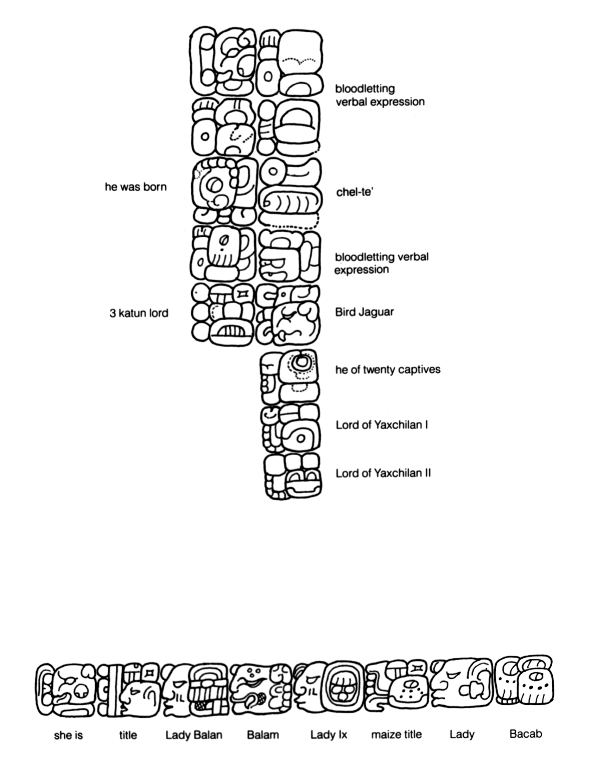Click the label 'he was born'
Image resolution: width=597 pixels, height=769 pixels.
pos(135,187)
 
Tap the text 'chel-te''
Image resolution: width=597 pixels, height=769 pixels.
pos(355,192)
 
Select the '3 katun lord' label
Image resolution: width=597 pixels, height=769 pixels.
pos(139,313)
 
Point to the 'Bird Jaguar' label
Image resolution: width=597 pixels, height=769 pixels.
pos(364,312)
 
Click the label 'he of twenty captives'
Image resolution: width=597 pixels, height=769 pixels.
pos(388,369)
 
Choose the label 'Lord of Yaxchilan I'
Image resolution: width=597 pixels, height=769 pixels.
pos(382,425)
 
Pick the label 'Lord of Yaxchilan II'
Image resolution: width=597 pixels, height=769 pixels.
pos(383,473)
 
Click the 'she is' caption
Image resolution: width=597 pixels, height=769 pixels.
pos(68,735)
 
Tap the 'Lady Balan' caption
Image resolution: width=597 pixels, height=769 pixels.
pos(194,735)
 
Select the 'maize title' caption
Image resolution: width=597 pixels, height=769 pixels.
pos(396,734)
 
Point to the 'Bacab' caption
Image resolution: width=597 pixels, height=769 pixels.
pos(526,734)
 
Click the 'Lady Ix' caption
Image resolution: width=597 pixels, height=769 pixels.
pos(329,735)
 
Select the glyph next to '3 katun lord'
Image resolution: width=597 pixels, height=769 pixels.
pos(223,314)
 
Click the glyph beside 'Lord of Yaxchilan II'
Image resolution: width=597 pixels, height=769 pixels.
pos(293,476)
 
